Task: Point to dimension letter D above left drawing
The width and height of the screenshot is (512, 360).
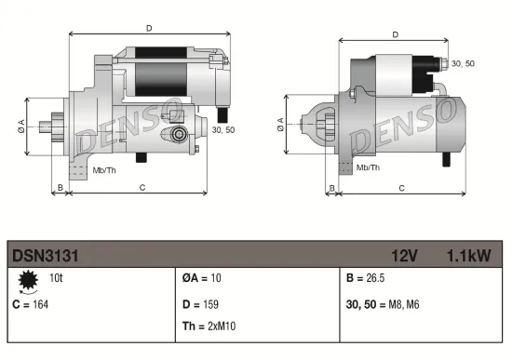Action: click(148, 29)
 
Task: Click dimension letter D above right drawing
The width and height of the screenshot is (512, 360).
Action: click(396, 35)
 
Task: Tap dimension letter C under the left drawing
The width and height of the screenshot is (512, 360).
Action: click(141, 188)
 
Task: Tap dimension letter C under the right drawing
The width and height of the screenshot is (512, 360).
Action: click(401, 188)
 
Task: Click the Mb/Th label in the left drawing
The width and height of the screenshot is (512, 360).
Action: click(104, 170)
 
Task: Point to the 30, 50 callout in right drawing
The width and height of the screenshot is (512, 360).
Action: click(463, 62)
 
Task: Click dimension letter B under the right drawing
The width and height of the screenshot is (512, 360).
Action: click(331, 188)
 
